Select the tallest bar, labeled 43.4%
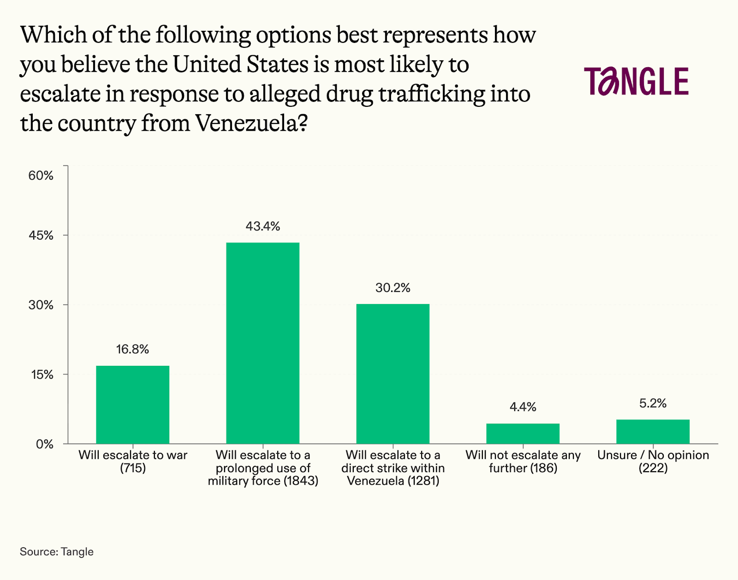262,343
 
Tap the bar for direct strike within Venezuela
393,374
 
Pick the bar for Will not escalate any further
523,434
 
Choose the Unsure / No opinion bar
653,432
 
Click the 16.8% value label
133,349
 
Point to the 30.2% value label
393,288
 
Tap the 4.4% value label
523,407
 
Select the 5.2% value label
653,404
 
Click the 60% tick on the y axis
41,176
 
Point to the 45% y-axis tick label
41,235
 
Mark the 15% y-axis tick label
42,375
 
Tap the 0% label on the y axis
45,444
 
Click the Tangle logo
637,82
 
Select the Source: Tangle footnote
57,551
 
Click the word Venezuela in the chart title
247,123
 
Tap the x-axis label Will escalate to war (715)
133,461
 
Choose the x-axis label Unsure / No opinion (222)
653,461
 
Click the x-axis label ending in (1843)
263,468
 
